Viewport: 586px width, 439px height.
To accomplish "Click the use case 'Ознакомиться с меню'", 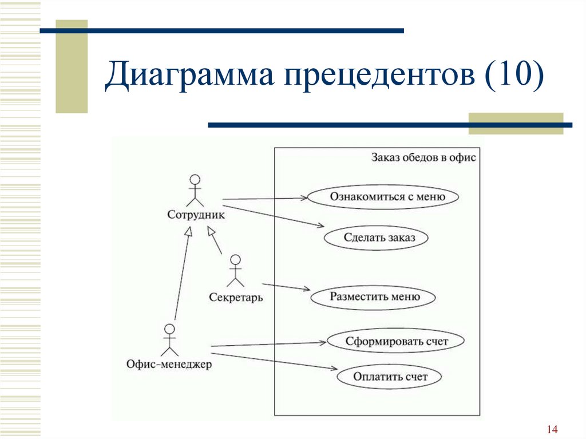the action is (383, 197).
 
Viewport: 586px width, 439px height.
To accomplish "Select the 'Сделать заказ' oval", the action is (376, 238).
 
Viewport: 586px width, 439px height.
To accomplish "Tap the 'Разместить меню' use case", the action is (373, 297).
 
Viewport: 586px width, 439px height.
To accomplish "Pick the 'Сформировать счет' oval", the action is (396, 341).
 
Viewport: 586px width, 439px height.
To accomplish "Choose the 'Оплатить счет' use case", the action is (389, 377).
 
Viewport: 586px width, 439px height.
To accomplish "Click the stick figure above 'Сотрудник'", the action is (195, 191).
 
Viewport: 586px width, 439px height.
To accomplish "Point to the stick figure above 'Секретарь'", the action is (235, 271).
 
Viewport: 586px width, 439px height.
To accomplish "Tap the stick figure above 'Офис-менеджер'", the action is (169, 340).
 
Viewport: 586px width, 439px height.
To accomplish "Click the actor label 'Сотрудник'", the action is (196, 215).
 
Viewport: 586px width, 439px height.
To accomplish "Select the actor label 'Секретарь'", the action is (236, 297).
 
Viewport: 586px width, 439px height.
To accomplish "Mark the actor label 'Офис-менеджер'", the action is (169, 364).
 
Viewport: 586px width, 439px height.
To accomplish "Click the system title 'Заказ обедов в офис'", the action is (423, 157).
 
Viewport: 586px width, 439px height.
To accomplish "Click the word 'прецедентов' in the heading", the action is (379, 75).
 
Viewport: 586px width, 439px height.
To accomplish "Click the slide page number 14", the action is (552, 429).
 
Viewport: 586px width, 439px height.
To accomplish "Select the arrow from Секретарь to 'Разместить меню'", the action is (286, 287).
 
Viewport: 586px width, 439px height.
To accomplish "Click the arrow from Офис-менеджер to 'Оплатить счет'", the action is (274, 361).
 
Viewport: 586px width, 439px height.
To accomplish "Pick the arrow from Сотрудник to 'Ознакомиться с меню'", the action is (265, 199).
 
